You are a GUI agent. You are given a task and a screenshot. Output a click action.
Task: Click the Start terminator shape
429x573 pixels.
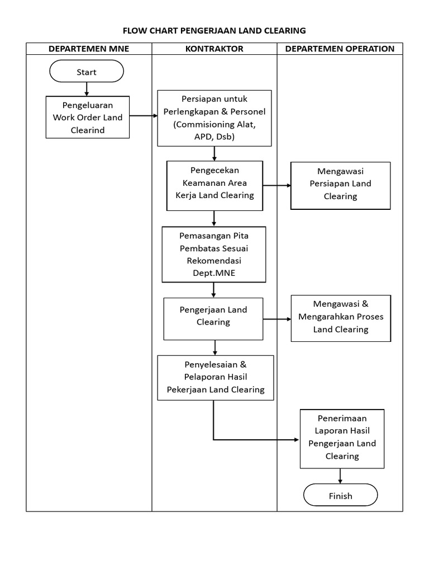(x=87, y=72)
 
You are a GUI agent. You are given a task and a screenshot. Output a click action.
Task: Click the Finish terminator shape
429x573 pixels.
(x=340, y=495)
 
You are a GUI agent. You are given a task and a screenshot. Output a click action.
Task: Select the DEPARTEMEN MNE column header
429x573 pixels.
(x=89, y=49)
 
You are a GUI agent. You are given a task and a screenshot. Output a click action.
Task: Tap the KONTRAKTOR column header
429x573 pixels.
(x=214, y=49)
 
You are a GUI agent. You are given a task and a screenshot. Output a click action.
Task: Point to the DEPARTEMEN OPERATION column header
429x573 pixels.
(x=340, y=49)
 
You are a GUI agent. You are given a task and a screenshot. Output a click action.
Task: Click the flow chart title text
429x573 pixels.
(x=214, y=30)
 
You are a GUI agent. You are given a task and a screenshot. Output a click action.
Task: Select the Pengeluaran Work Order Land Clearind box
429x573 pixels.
(x=88, y=118)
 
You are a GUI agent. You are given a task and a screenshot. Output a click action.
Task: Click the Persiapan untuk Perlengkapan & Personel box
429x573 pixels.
(x=214, y=118)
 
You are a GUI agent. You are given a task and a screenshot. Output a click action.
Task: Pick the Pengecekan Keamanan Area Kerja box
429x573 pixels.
(x=214, y=186)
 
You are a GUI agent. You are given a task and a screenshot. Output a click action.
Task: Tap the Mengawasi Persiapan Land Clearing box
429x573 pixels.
(x=340, y=186)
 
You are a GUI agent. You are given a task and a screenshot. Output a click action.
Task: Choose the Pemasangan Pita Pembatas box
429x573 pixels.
(x=213, y=254)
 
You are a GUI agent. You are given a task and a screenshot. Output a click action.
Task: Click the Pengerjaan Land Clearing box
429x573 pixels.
(x=213, y=318)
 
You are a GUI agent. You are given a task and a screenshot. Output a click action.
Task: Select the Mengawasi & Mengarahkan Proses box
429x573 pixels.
(x=341, y=319)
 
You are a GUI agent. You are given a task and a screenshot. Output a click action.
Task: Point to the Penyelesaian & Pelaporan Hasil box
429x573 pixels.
(x=216, y=378)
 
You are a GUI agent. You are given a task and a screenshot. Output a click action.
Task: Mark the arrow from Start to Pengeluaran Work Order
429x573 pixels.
(x=87, y=88)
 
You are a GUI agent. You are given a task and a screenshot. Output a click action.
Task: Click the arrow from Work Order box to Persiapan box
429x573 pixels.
(x=144, y=116)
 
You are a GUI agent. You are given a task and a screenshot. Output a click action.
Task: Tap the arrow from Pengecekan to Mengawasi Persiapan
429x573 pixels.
(x=277, y=185)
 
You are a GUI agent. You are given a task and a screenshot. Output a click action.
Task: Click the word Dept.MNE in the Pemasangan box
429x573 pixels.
(x=213, y=273)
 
